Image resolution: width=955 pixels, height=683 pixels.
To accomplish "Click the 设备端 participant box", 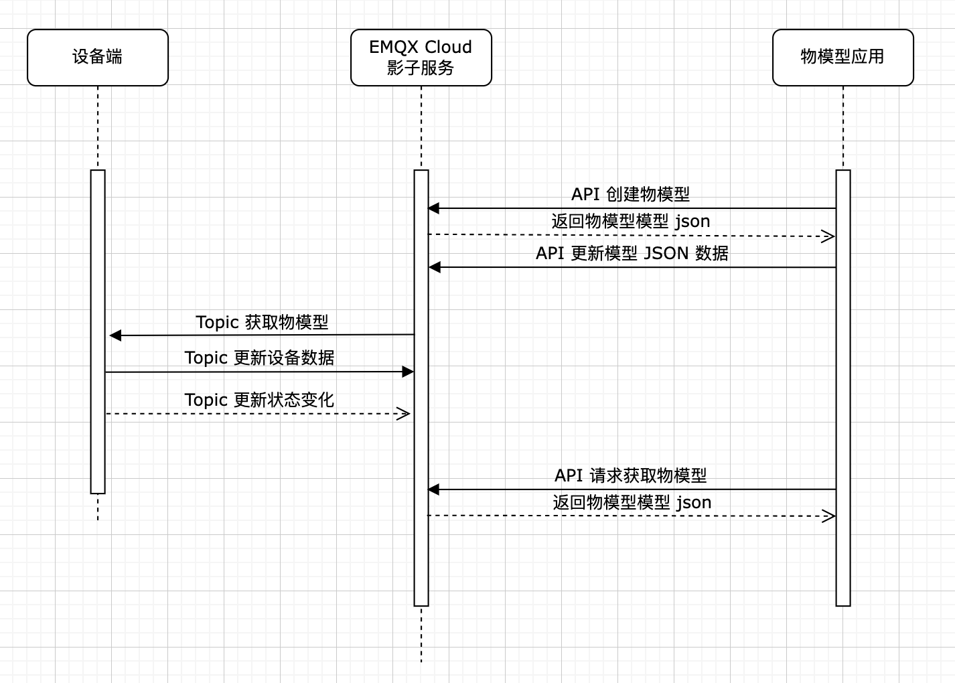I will coord(98,58).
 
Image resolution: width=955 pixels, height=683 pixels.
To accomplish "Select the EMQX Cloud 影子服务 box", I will coord(421,58).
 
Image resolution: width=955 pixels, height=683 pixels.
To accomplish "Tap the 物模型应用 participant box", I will coord(842,58).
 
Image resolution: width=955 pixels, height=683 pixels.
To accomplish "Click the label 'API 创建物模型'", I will coord(630,194).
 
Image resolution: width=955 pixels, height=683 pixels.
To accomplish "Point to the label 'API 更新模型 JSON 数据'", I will coord(632,254).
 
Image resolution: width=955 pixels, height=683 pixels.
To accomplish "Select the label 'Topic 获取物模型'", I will coord(262,322).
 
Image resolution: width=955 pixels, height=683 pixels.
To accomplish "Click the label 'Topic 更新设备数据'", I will coord(259,358).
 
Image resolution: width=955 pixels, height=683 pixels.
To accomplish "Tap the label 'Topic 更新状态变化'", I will coord(259,400).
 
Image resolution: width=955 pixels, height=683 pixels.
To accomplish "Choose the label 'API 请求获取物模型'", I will coord(630,475).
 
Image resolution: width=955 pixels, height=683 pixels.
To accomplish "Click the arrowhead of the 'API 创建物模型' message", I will coord(433,208).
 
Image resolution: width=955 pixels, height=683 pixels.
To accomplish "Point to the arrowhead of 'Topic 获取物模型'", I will coord(115,335).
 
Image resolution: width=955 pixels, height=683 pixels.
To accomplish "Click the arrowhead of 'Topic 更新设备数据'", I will coord(407,372).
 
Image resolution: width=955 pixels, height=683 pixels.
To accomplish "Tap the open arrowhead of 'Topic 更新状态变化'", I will coord(404,414).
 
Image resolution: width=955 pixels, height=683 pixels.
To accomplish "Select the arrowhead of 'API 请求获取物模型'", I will coord(433,489).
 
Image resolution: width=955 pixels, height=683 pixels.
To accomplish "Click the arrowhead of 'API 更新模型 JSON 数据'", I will coord(434,268).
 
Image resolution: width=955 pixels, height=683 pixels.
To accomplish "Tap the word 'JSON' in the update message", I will coord(666,254).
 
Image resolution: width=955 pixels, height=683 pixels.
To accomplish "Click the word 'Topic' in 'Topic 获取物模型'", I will coord(217,322).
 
